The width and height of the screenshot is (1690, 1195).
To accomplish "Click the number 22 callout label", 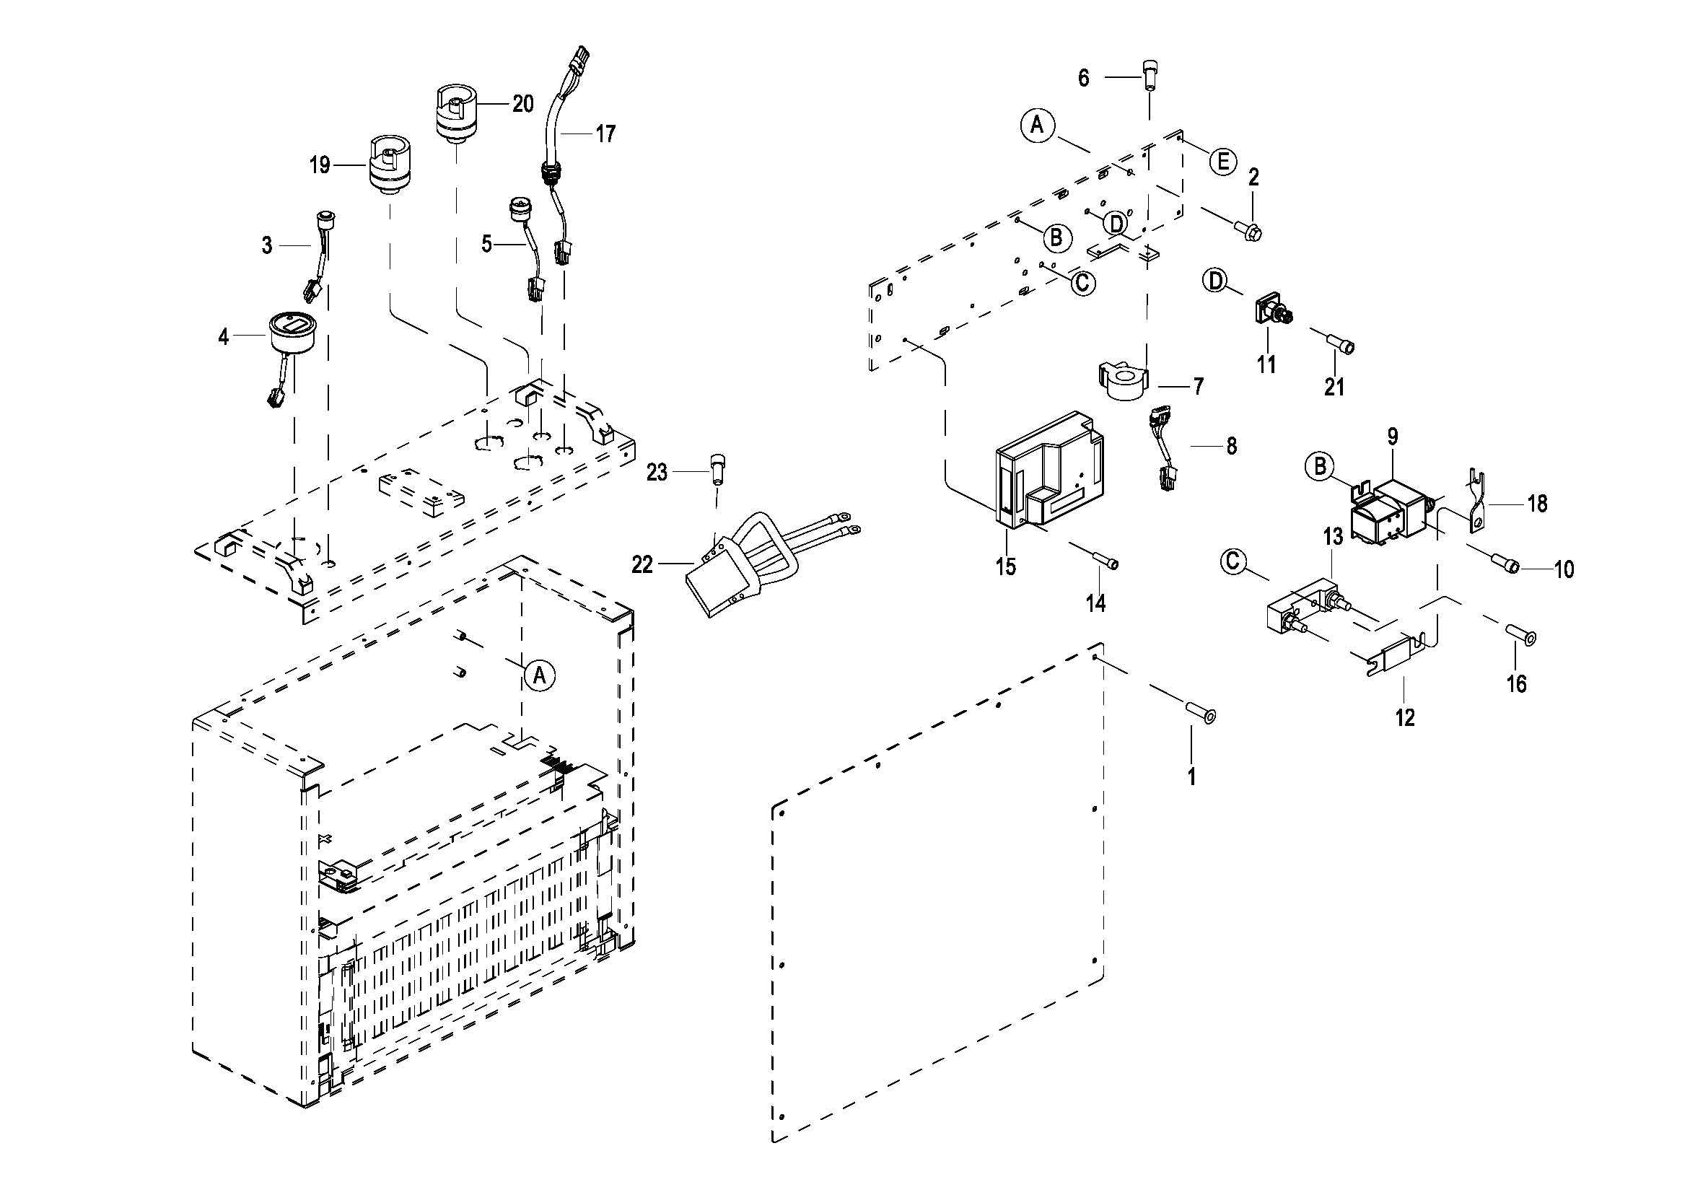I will point(642,565).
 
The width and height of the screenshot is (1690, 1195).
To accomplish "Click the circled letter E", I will point(1222,161).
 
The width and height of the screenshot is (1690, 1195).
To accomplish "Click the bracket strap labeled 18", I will point(1476,503).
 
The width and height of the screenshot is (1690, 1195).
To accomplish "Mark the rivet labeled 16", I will point(1520,635).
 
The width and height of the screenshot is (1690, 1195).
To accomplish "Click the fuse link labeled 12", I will point(1398,656).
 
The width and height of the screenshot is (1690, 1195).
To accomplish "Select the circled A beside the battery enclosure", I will point(540,675).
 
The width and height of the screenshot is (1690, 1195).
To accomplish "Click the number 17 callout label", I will point(605,134).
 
